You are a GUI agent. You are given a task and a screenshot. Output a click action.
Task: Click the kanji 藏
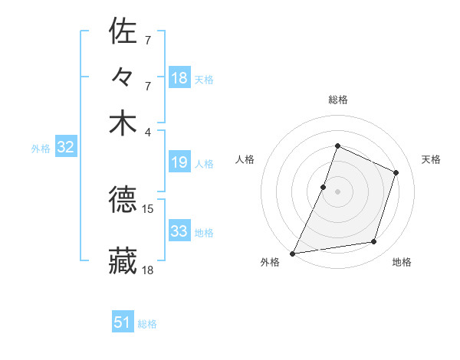(x=123, y=260)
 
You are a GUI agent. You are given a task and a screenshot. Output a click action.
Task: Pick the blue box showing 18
(x=179, y=77)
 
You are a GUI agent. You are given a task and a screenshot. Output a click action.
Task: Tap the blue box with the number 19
(x=179, y=162)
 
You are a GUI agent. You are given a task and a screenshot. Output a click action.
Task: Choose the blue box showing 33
(x=179, y=231)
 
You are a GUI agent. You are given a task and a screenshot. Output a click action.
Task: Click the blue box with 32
(x=65, y=148)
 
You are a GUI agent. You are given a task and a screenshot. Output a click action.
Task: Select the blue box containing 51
(x=123, y=322)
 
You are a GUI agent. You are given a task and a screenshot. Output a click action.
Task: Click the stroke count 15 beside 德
(x=148, y=208)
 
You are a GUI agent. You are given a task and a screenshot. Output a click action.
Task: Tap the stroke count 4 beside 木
(x=148, y=132)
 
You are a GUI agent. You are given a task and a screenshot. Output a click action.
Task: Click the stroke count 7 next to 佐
(x=148, y=39)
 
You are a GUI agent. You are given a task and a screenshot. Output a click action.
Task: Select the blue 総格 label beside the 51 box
(x=147, y=324)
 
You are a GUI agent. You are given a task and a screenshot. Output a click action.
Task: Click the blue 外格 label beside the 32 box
(x=40, y=149)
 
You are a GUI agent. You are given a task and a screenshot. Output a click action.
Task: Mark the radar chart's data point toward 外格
(x=293, y=253)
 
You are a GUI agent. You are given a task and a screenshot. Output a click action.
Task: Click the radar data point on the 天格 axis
(x=396, y=172)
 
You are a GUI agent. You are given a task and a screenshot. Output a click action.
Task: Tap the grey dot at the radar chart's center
(x=337, y=191)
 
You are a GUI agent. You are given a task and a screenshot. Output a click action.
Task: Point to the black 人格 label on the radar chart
(x=245, y=159)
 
